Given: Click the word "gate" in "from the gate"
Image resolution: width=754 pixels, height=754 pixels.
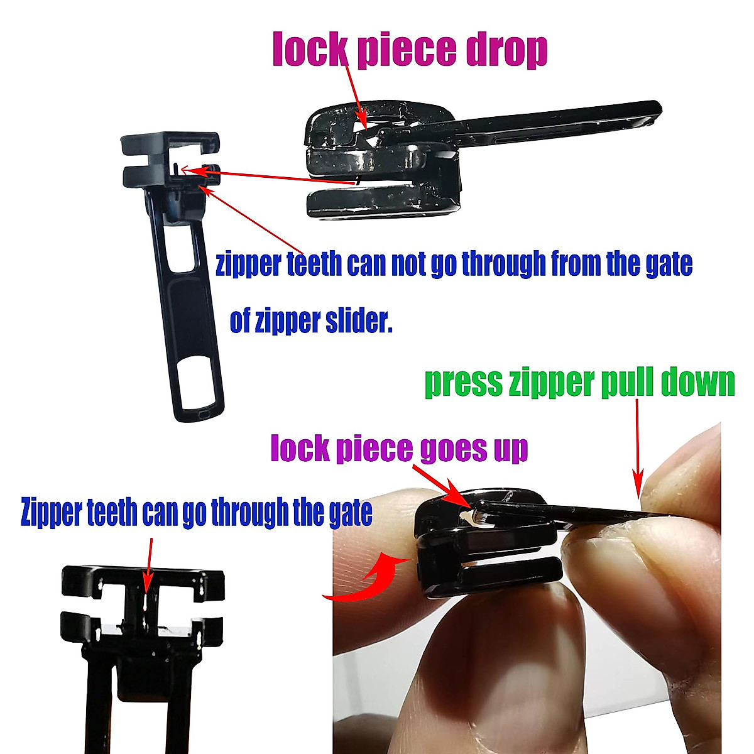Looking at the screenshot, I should click(669, 265).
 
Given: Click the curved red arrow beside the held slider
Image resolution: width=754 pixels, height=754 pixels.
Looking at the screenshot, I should click(371, 575).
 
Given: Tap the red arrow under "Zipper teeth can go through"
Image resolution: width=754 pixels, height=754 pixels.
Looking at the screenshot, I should click(149, 562).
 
